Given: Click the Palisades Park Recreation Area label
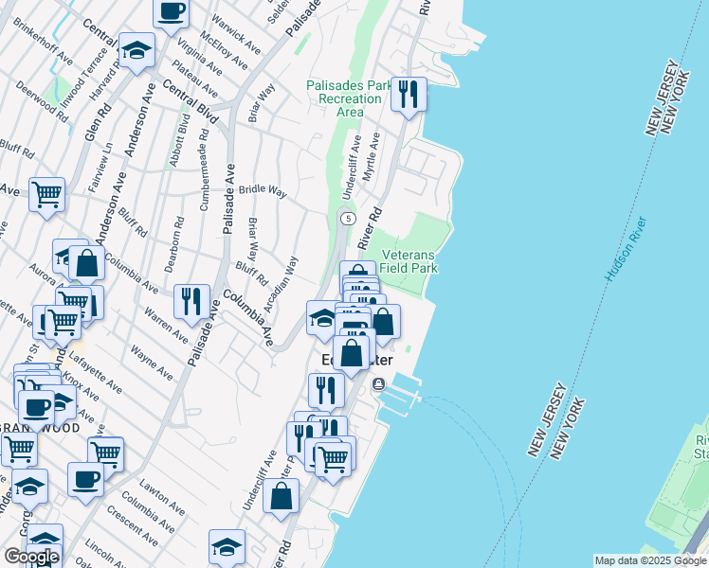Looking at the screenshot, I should coord(349,98).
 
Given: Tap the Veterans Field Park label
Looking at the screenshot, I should coord(409,262).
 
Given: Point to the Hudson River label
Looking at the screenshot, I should coord(627,249).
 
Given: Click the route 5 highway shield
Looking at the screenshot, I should coord(349,219).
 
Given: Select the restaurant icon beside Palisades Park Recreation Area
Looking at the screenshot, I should coord(409,95).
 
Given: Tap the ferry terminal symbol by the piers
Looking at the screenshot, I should coord(378,384).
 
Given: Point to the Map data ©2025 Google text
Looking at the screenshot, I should coord(649,560).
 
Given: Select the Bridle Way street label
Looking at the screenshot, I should coord(263,191).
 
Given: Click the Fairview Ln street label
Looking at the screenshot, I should coord(101,168).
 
